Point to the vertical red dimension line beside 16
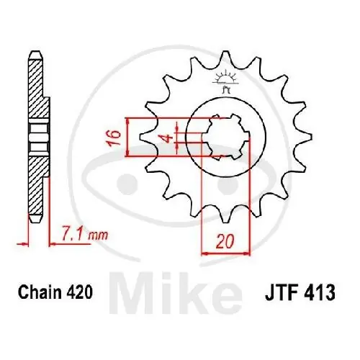[128, 137]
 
